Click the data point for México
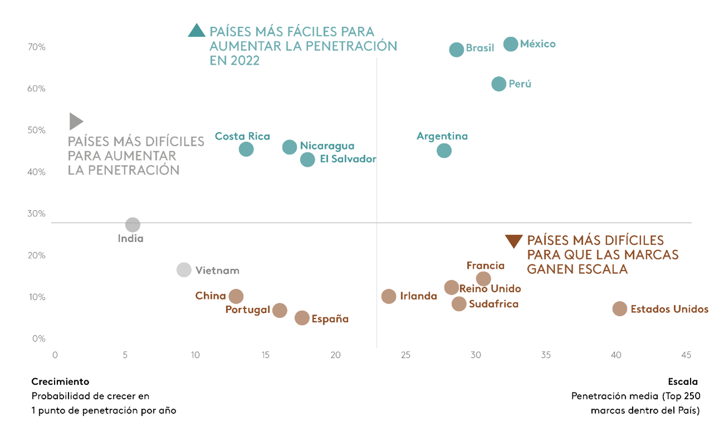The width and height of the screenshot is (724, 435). (511, 44)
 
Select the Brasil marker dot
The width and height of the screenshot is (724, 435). (456, 50)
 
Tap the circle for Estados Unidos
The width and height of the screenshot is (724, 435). (620, 309)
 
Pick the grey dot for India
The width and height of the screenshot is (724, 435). (133, 225)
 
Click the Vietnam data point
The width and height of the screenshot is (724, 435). (184, 270)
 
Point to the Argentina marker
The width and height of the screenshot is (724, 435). (444, 151)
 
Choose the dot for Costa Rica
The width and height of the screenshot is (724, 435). (246, 149)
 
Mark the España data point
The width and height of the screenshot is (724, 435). (302, 318)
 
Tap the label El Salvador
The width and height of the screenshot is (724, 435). (348, 159)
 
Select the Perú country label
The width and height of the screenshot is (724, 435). (520, 84)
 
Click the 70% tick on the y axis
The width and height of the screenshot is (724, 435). (37, 47)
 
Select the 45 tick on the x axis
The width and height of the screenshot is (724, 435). (686, 355)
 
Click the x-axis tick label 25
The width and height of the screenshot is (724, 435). (405, 355)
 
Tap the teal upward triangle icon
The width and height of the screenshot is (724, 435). (197, 31)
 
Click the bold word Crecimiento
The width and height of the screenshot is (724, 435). (60, 382)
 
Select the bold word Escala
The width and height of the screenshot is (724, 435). (683, 382)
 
